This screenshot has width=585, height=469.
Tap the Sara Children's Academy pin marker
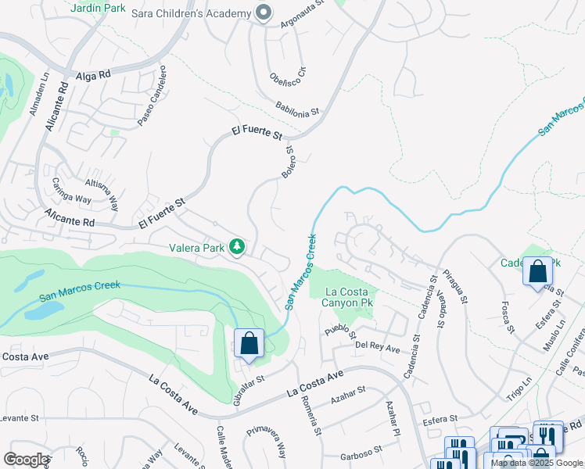(x=264, y=13)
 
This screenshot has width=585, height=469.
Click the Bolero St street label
(x=288, y=161)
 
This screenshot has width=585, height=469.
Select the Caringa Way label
(x=71, y=191)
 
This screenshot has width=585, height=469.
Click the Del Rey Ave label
(x=377, y=345)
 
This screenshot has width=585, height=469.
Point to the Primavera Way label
(x=267, y=441)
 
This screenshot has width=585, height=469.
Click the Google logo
(x=26, y=459)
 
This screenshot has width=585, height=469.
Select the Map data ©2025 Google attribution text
(x=537, y=463)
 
